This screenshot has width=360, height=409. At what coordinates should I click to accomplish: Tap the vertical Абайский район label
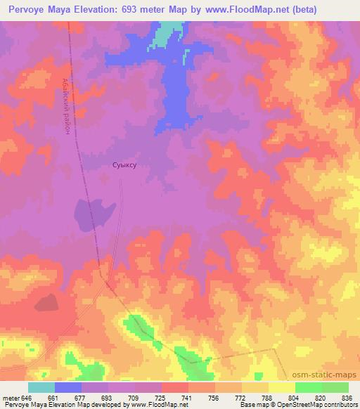click(x=65, y=100)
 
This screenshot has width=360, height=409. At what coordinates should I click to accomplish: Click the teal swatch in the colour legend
click(x=41, y=388)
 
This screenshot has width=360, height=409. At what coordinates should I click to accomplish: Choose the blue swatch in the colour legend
click(x=67, y=388)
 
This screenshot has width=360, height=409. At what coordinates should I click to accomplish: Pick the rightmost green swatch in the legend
click(x=335, y=388)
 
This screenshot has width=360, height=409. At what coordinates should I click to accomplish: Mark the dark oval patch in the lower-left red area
click(x=46, y=302)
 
